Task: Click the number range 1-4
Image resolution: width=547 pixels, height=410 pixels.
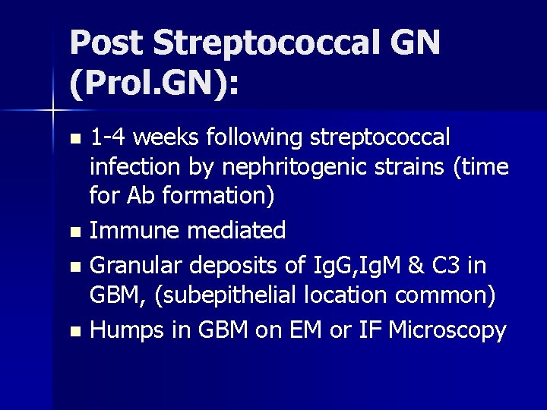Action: click(111, 139)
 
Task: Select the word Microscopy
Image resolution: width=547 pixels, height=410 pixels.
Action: click(447, 330)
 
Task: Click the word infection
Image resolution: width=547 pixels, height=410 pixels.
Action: click(134, 168)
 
